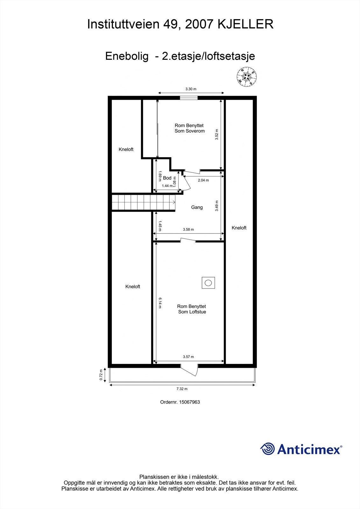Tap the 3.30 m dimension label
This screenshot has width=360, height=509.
[191, 89]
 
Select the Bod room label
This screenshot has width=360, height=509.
[167, 178]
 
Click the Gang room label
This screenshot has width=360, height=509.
[197, 207]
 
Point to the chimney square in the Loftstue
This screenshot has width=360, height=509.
[208, 282]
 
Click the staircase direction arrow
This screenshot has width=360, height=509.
[173, 202]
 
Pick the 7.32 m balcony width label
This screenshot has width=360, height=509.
[182, 389]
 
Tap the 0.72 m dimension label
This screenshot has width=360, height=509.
[101, 374]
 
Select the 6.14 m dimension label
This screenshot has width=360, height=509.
[160, 303]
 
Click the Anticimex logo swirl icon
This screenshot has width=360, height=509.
[267, 449]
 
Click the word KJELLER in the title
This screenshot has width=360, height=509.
[245, 24]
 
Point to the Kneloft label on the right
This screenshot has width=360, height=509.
[239, 228]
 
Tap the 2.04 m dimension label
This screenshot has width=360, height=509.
[203, 180]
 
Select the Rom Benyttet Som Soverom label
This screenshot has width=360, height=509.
[189, 128]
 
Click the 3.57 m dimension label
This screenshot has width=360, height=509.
[188, 357]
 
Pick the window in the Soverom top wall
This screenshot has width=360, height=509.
[188, 98]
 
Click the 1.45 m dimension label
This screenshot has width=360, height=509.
[160, 225]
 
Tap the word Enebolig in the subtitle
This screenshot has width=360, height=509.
[127, 56]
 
